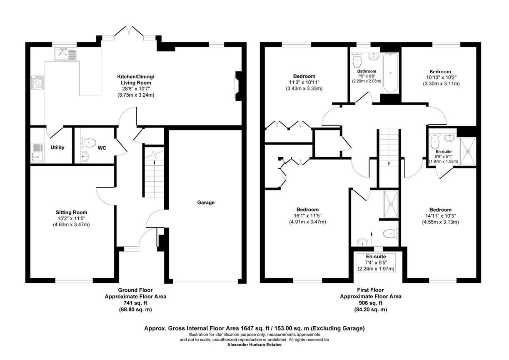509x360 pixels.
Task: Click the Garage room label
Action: (206, 202)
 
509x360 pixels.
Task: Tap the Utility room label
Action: (57, 147)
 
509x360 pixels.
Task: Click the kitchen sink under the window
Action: (66, 54)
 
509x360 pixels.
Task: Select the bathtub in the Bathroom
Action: (390, 73)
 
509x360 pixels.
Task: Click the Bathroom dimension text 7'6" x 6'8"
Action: (367, 76)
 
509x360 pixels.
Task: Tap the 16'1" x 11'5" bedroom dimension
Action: (307, 215)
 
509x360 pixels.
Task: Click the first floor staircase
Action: (388, 150)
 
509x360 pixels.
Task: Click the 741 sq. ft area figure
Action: (135, 303)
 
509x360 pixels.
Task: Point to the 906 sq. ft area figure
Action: (370, 303)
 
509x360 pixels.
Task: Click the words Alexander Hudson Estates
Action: (254, 345)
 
